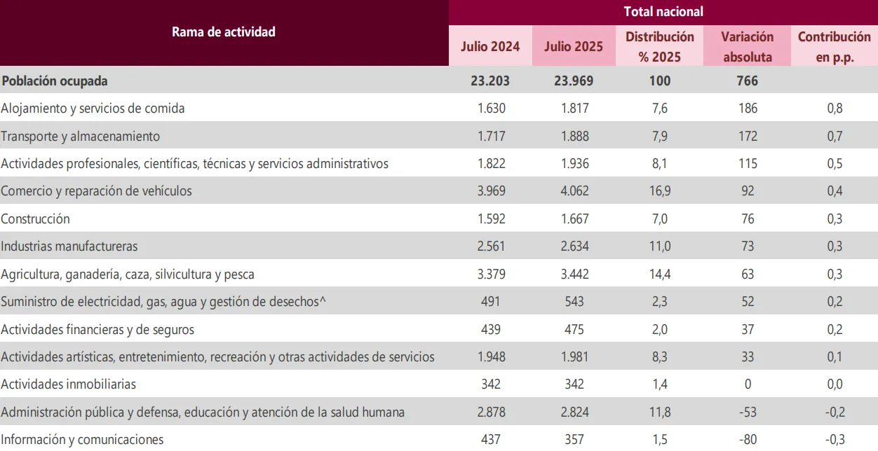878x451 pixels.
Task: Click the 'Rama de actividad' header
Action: click(x=224, y=32)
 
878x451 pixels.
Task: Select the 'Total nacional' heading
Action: click(x=663, y=12)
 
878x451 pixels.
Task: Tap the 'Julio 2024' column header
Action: click(x=490, y=47)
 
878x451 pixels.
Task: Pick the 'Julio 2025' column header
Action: click(x=574, y=47)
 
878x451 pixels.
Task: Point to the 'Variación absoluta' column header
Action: click(x=748, y=47)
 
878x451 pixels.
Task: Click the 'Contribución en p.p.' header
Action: click(x=834, y=47)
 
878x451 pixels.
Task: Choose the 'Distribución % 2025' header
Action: click(x=659, y=47)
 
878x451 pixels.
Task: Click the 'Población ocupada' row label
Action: click(x=55, y=81)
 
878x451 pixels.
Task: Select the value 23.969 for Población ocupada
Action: click(x=574, y=81)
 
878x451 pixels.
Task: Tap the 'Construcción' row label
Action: click(x=36, y=218)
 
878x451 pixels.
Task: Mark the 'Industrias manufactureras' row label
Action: click(x=69, y=247)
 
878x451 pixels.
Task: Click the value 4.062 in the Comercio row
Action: click(x=574, y=191)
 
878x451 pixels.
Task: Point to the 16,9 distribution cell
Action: click(x=659, y=191)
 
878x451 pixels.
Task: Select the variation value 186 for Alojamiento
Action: click(x=748, y=109)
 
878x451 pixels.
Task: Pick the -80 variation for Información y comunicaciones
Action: click(x=748, y=440)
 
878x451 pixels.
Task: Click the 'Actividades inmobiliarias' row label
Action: click(x=69, y=384)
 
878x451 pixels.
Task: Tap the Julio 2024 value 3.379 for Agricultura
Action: click(x=490, y=274)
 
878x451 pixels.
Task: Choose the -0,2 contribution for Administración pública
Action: click(x=834, y=412)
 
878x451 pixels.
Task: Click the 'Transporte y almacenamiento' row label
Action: click(x=81, y=136)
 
